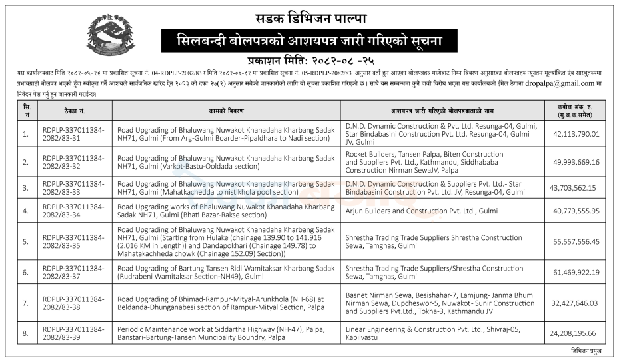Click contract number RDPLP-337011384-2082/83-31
[x=73, y=133]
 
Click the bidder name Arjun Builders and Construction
[x=412, y=211]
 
